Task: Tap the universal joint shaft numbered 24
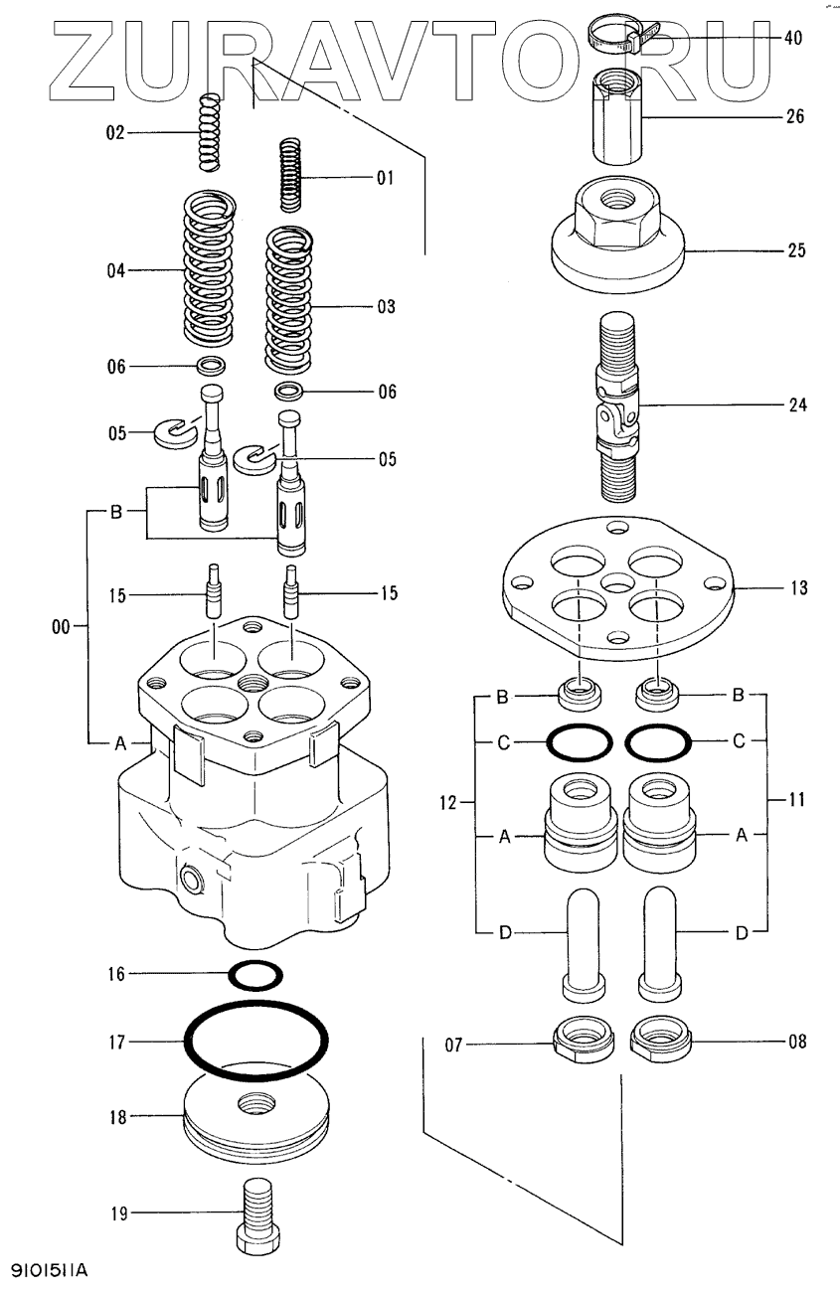coord(619,407)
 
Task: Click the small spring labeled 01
coord(289,175)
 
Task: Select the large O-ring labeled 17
coord(255,1041)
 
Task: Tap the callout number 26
coord(794,116)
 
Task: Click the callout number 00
coord(61,627)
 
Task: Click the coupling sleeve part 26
coord(620,117)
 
